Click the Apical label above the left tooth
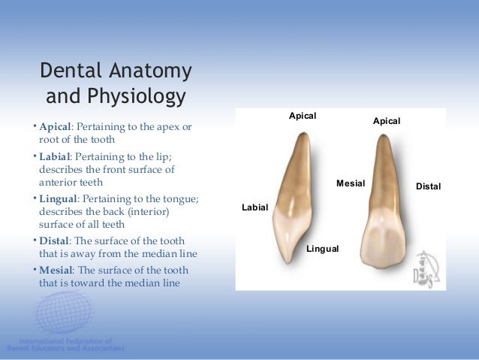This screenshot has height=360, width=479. (303, 116)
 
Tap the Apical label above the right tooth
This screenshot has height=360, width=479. (387, 121)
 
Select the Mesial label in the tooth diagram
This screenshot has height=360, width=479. (350, 183)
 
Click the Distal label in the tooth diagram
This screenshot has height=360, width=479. (429, 186)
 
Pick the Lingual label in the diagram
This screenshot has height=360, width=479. (323, 248)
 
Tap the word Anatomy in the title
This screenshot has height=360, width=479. (151, 72)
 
